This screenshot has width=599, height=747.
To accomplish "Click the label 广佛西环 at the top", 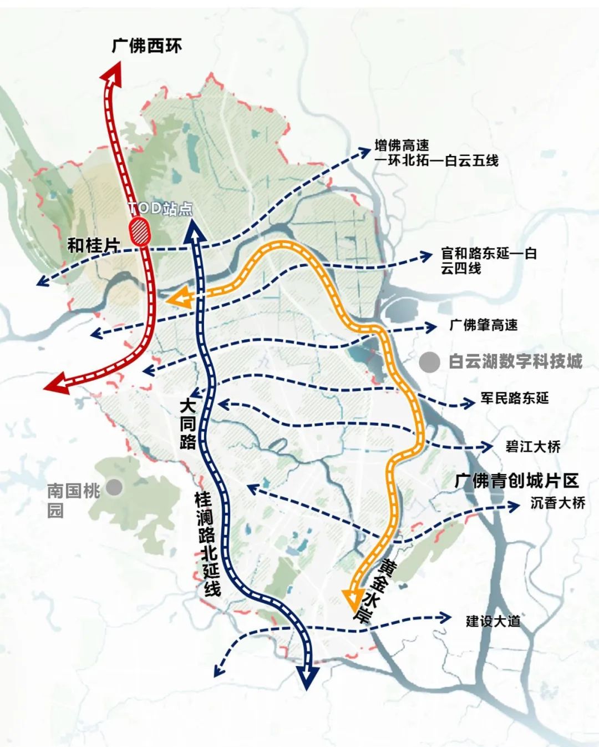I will [147, 46].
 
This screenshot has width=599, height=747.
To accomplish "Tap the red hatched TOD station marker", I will [140, 232].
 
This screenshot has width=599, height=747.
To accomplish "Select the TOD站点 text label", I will [161, 208].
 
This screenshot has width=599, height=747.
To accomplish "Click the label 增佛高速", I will [402, 146].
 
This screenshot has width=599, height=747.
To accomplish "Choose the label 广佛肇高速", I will [484, 325].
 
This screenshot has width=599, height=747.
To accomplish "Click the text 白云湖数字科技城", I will [516, 362].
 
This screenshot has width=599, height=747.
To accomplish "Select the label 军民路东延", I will [514, 398].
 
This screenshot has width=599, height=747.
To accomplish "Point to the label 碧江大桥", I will [533, 446].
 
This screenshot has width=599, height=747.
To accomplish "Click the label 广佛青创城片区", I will [516, 480].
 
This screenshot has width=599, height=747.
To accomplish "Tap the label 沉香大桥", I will [557, 503].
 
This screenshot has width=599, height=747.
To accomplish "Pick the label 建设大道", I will [493, 621].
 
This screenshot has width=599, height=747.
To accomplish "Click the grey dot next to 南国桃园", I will [114, 488].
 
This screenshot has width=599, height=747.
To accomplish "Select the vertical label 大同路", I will [188, 425].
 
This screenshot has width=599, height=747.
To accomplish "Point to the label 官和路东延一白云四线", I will [489, 261].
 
